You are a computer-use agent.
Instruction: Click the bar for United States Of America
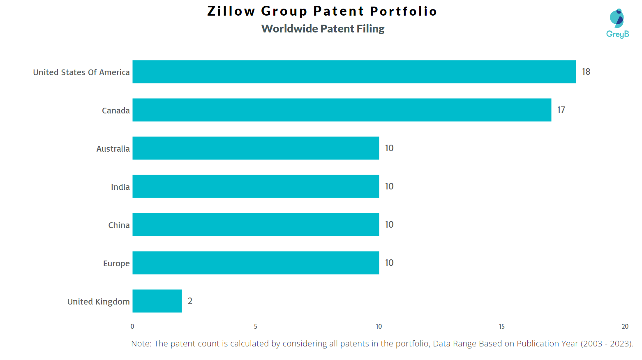354,72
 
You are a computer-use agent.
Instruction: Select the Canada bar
342,110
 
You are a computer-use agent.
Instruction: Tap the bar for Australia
256,148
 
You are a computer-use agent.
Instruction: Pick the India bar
256,186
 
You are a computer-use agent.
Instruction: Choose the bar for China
256,224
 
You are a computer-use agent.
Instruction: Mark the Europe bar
256,263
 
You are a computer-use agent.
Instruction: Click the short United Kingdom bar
157,301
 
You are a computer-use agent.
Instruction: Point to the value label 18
586,72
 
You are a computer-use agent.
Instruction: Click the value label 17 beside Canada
561,110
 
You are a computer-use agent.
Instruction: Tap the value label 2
190,301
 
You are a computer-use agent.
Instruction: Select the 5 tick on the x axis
256,326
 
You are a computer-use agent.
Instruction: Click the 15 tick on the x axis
502,326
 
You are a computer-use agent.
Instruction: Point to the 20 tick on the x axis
625,326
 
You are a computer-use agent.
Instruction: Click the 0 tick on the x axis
132,326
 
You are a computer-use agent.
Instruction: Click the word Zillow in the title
231,11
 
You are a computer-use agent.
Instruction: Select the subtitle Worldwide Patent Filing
323,29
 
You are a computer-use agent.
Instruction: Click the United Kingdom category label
98,302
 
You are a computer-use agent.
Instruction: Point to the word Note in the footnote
141,344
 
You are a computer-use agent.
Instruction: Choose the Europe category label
116,263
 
